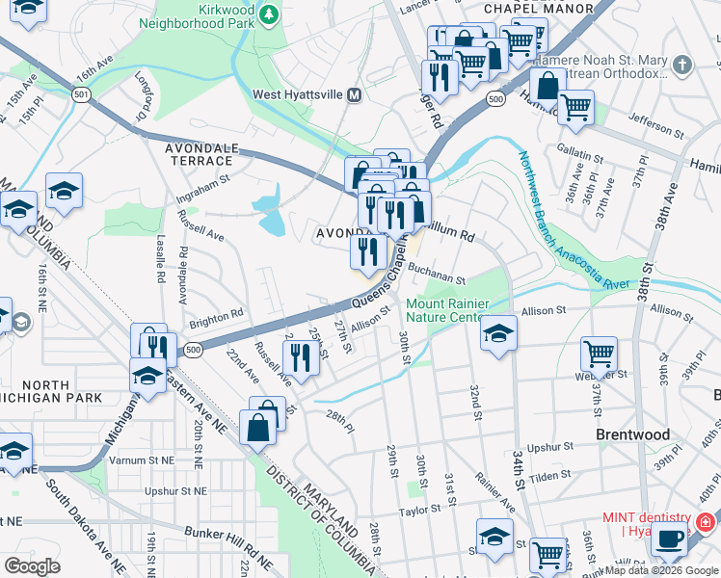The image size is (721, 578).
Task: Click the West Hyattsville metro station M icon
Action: tap(354, 94)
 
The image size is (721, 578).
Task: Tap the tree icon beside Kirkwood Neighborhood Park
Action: tap(271, 13)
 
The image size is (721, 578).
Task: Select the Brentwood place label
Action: tap(632, 434)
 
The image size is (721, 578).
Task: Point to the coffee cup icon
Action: tap(671, 539)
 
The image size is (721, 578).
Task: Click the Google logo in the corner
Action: tap(33, 565)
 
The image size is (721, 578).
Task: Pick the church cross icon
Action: tap(682, 66)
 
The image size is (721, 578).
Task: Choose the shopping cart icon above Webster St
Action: tap(599, 355)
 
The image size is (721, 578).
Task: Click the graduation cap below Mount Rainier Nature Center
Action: tap(498, 333)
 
